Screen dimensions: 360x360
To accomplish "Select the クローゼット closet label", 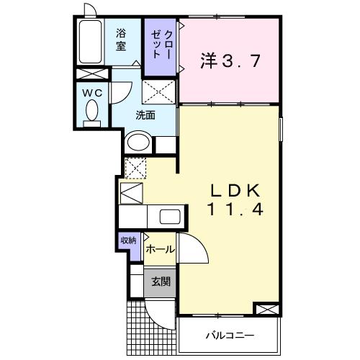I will pyautogui.click(x=160, y=45).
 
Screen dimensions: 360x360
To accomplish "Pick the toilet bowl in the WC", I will pyautogui.click(x=92, y=112).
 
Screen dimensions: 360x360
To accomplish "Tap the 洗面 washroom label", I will pyautogui.click(x=146, y=113).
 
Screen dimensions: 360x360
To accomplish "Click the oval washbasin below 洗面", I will pyautogui.click(x=138, y=143).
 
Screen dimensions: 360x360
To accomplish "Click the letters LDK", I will pyautogui.click(x=228, y=191).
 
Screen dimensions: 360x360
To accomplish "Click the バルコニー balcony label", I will pyautogui.click(x=229, y=334).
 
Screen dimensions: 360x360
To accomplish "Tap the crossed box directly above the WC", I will pyautogui.click(x=93, y=75).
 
